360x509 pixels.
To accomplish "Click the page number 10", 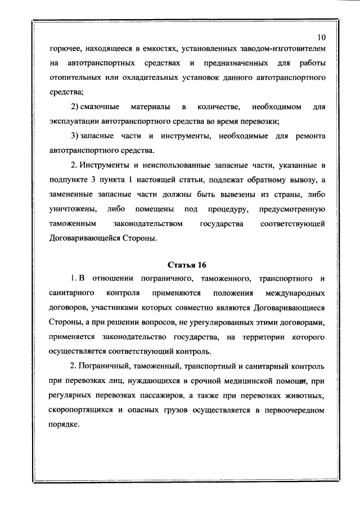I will point(321,38).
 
